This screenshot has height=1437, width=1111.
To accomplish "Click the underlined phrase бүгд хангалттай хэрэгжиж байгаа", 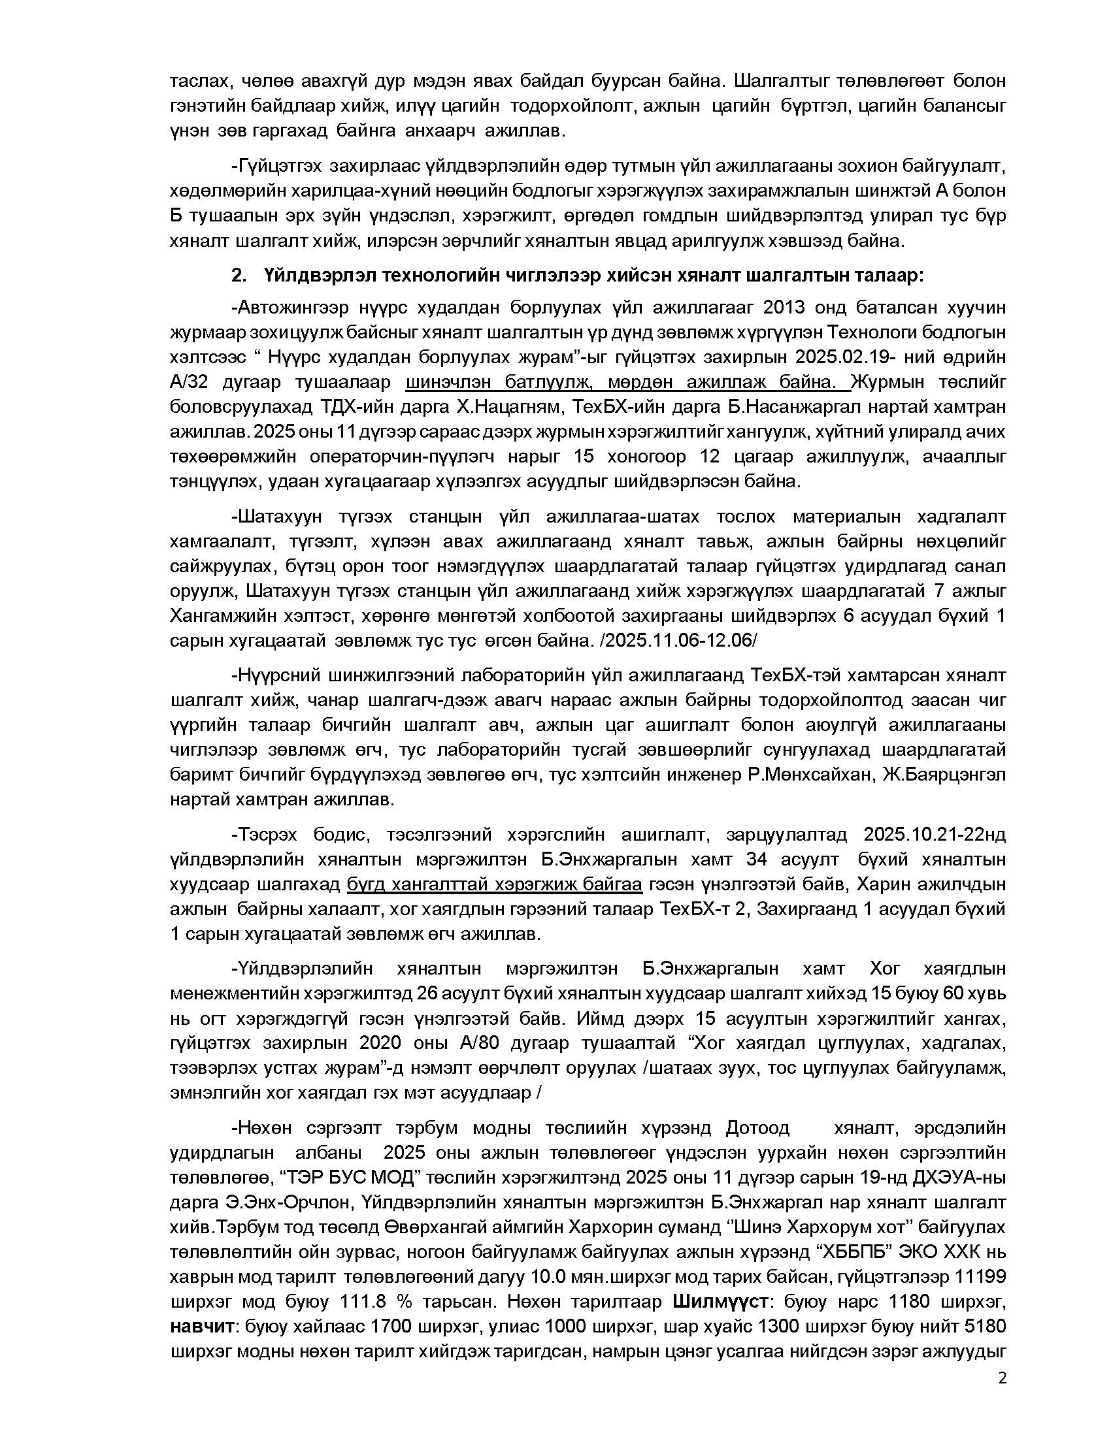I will [x=494, y=884].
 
